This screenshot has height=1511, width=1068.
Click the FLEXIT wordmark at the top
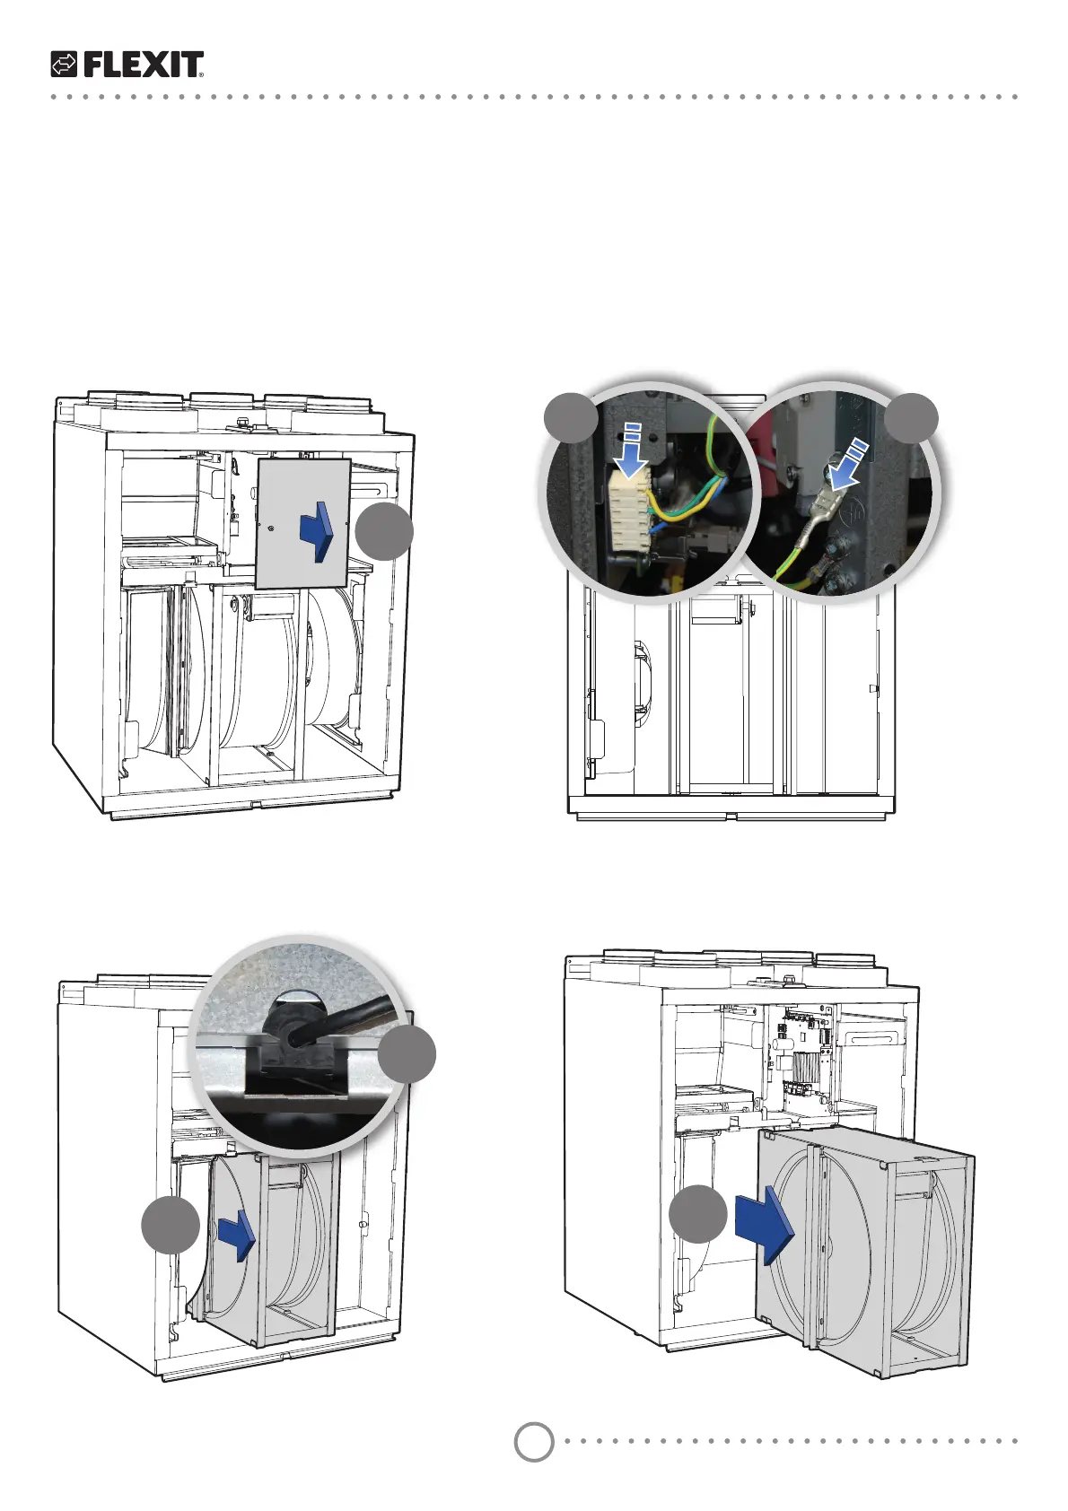click(143, 65)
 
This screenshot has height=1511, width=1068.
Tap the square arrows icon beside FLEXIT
click(65, 65)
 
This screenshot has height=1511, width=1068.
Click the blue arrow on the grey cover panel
click(317, 531)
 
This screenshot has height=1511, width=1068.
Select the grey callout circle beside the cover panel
click(384, 532)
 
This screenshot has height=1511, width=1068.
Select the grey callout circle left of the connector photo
click(572, 416)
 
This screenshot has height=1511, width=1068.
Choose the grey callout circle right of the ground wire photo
click(912, 416)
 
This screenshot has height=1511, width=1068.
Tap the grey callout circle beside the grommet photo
click(407, 1054)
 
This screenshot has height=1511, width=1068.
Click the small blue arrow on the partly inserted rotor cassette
click(237, 1234)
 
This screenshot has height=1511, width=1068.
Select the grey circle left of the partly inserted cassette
click(171, 1225)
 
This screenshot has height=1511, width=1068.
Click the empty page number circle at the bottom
click(534, 1441)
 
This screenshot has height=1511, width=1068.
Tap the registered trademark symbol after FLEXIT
click(201, 75)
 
